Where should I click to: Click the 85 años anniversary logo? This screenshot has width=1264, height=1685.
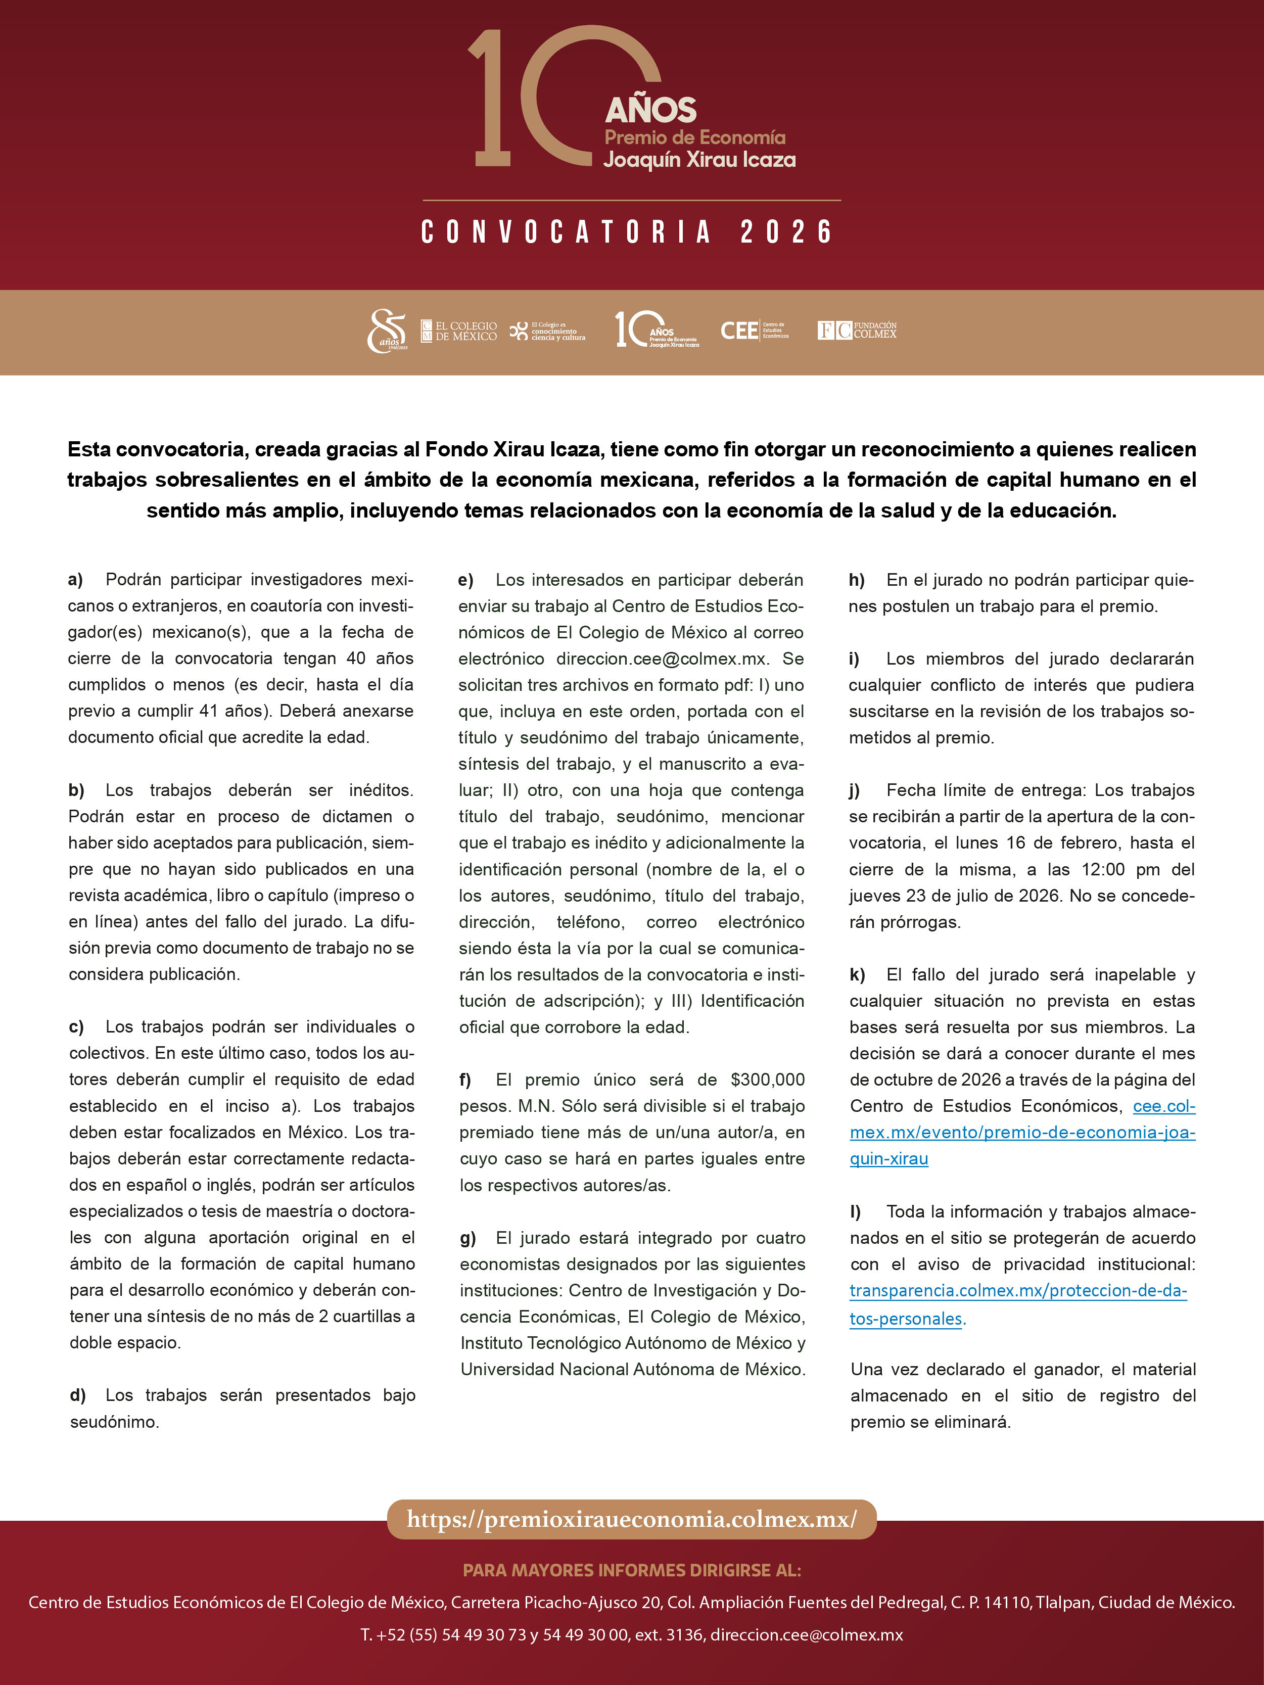tap(387, 331)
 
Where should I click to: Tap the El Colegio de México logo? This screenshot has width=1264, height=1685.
tap(459, 331)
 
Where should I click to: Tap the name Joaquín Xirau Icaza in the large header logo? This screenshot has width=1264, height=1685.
tap(699, 160)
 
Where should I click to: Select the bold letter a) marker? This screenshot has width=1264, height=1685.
tap(75, 580)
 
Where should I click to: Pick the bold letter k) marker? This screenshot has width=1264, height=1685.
tap(857, 975)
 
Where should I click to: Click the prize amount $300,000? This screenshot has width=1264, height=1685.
tap(767, 1080)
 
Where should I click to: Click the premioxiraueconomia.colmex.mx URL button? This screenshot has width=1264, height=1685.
tap(632, 1520)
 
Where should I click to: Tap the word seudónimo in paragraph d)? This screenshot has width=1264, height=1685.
tap(114, 1422)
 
